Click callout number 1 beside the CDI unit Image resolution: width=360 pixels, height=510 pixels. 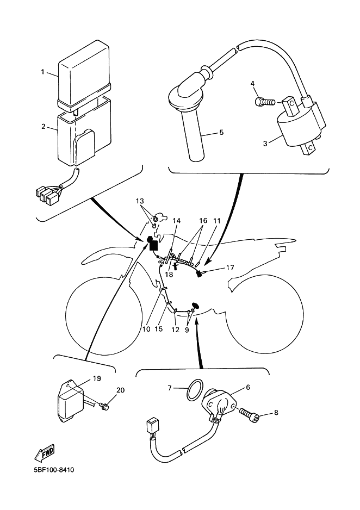[42, 72]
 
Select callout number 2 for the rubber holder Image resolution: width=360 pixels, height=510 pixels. [44, 126]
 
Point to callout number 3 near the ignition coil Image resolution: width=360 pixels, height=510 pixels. [265, 143]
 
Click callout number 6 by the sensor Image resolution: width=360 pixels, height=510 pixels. [248, 387]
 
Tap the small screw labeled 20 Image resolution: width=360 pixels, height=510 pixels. [104, 405]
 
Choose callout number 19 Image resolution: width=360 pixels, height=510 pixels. [97, 378]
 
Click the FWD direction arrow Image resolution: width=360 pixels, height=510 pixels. [45, 452]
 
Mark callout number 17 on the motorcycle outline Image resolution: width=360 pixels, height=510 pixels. [230, 268]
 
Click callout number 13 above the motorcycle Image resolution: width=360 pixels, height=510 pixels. [140, 201]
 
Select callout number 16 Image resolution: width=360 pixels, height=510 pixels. [203, 221]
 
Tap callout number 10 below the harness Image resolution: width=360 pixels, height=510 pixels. [146, 329]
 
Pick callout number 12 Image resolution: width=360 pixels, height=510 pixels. [175, 330]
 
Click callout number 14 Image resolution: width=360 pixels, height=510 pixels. [177, 221]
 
